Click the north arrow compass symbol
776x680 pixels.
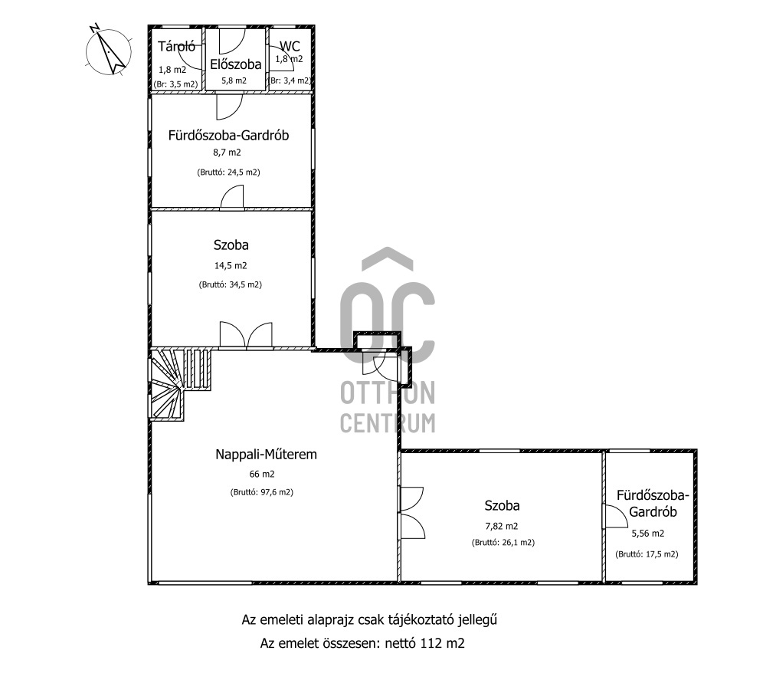tap(108, 50)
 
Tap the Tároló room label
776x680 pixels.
tap(176, 47)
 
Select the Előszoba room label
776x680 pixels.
tap(236, 64)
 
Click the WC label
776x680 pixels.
tap(290, 46)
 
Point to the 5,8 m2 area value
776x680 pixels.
tap(234, 80)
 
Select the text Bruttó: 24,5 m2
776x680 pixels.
tap(228, 172)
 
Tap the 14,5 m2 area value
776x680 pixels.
tap(231, 265)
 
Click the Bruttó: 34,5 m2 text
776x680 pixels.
tap(231, 284)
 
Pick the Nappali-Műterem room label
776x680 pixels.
tap(267, 454)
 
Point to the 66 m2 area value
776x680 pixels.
tap(262, 474)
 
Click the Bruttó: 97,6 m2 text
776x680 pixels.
tap(262, 492)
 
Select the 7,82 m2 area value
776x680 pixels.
tap(502, 527)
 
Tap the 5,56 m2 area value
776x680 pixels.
tap(648, 534)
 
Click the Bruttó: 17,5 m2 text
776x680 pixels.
tap(647, 554)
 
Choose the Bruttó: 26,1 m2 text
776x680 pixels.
tap(503, 542)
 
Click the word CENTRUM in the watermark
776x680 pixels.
tap(388, 423)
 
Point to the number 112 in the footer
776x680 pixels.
tap(431, 643)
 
